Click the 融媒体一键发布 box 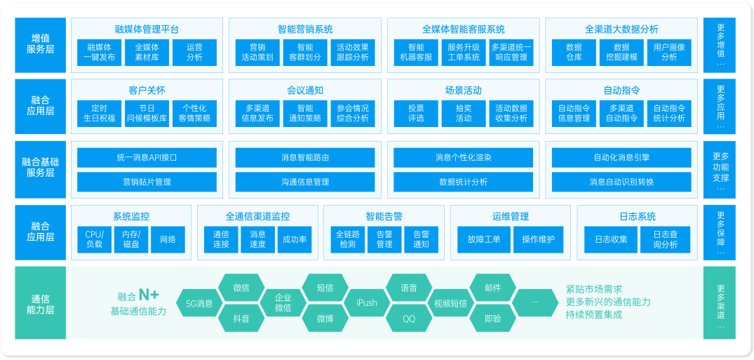(x=99, y=53)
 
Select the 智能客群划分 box (x=305, y=53)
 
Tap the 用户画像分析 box (x=669, y=53)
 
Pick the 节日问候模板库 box (x=147, y=114)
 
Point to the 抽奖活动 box (x=463, y=114)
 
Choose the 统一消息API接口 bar (x=147, y=157)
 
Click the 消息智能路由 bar (x=305, y=157)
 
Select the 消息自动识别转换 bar (x=621, y=182)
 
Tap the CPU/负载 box (x=94, y=240)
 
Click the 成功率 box (x=295, y=240)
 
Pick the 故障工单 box (x=483, y=240)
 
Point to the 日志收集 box (x=611, y=240)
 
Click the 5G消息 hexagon (x=199, y=303)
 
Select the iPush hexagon (x=366, y=303)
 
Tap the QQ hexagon (x=409, y=319)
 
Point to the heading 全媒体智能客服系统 (x=463, y=29)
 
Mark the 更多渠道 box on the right (x=720, y=302)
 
